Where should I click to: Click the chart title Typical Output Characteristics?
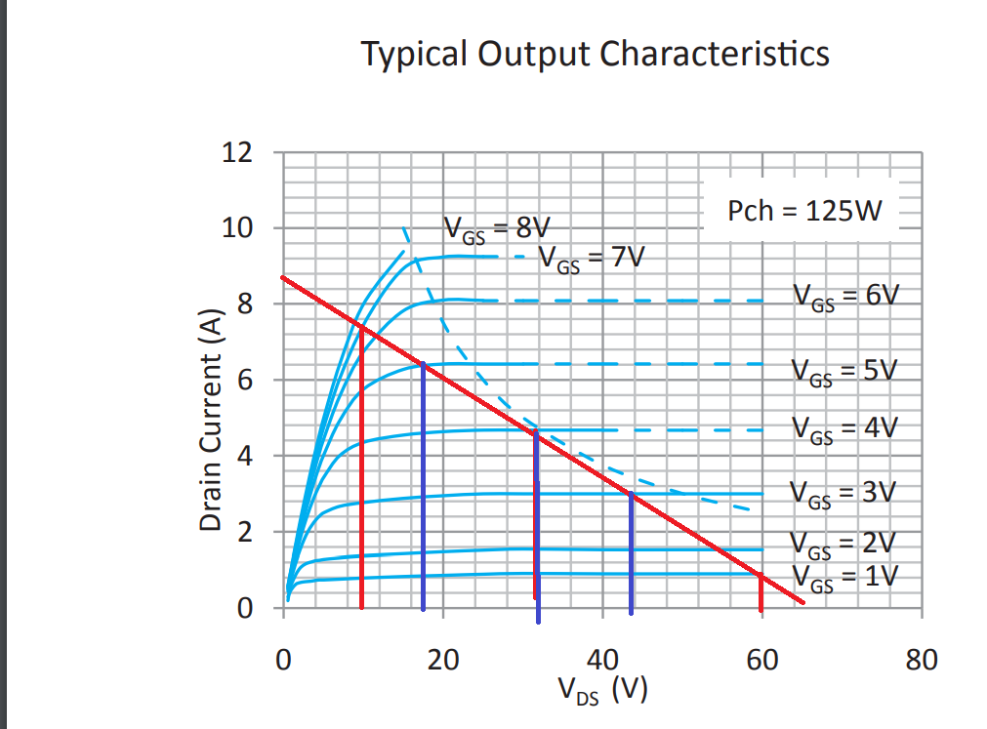595,53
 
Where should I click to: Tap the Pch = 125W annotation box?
804,210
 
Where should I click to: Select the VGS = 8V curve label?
497,229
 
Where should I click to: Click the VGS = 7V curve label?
591,260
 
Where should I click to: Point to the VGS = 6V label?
843,296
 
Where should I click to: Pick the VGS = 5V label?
843,371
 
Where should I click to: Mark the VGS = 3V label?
843,492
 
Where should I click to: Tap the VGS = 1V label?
843,577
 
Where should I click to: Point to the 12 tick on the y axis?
238,152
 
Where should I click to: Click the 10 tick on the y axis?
238,228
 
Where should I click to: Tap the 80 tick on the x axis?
921,661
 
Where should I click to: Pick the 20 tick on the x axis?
442,661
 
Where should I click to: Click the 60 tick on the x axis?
761,661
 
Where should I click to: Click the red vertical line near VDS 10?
362,468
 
